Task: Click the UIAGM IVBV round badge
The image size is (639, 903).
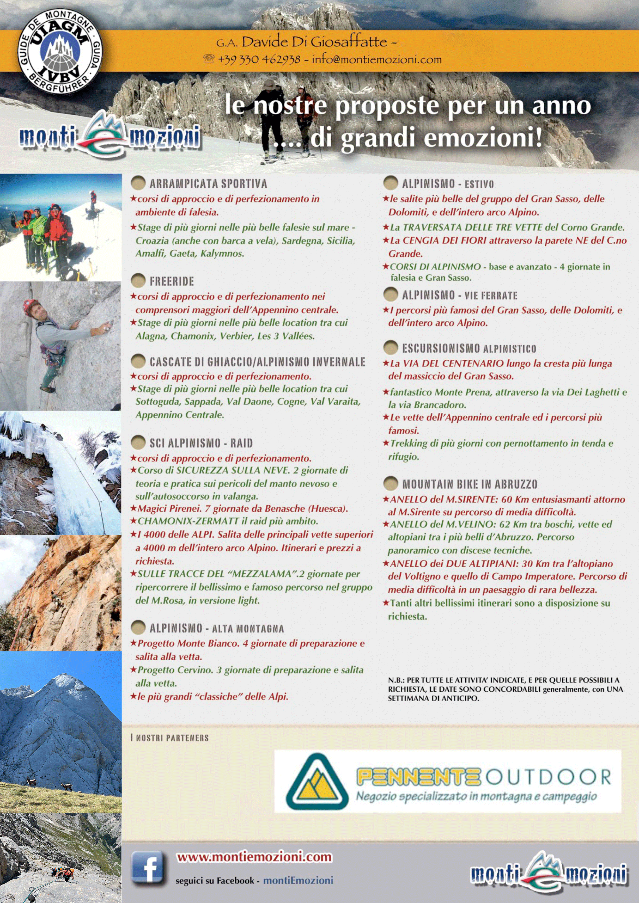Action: [x=60, y=50]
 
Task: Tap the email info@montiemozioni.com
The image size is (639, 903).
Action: [x=376, y=59]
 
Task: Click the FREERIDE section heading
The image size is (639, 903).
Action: [x=172, y=281]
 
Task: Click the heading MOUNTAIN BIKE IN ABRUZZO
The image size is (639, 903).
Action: [x=470, y=484]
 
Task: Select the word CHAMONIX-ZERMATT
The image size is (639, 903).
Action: [x=188, y=521]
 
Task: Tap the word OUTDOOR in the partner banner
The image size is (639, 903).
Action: [x=548, y=777]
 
